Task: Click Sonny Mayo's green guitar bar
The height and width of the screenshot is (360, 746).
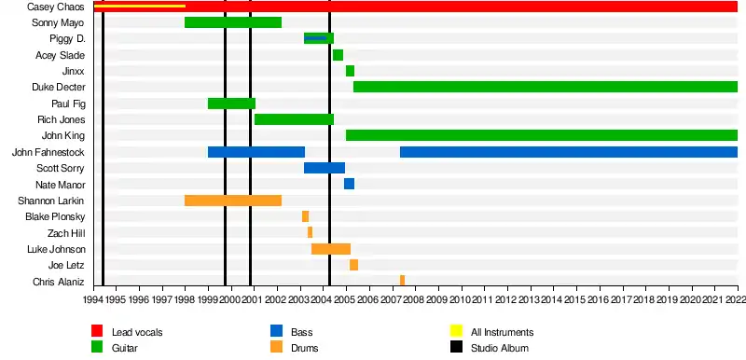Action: pyautogui.click(x=233, y=22)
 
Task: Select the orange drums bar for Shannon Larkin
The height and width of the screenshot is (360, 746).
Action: pyautogui.click(x=233, y=201)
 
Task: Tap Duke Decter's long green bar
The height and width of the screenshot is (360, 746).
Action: pyautogui.click(x=546, y=87)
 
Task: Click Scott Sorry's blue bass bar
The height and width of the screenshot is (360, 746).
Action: pyautogui.click(x=325, y=168)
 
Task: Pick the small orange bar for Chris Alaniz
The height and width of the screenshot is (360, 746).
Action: pyautogui.click(x=403, y=280)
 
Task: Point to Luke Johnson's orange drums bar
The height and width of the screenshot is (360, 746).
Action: pyautogui.click(x=331, y=249)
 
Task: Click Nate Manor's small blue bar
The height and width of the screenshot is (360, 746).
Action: pyautogui.click(x=349, y=184)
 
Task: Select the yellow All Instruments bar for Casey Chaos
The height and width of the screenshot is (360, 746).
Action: pyautogui.click(x=140, y=7)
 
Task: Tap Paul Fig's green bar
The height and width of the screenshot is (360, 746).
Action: pyautogui.click(x=231, y=104)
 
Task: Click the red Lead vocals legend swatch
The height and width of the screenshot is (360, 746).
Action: pyautogui.click(x=97, y=331)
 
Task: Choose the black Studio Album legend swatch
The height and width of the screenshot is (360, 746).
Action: pyautogui.click(x=456, y=347)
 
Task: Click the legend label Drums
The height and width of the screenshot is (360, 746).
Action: pyautogui.click(x=305, y=348)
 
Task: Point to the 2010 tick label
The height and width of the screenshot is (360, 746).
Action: pyautogui.click(x=460, y=299)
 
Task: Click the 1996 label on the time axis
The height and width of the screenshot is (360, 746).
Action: pyautogui.click(x=139, y=299)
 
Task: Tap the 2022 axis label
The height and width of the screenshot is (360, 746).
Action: pyautogui.click(x=736, y=299)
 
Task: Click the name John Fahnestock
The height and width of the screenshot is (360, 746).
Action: pyautogui.click(x=48, y=152)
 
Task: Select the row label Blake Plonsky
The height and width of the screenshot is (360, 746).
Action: pyautogui.click(x=55, y=217)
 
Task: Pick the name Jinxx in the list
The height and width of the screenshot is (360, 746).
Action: pyautogui.click(x=74, y=71)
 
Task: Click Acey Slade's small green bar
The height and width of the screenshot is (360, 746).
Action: pyautogui.click(x=338, y=55)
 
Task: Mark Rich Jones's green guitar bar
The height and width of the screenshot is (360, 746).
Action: pyautogui.click(x=294, y=118)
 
